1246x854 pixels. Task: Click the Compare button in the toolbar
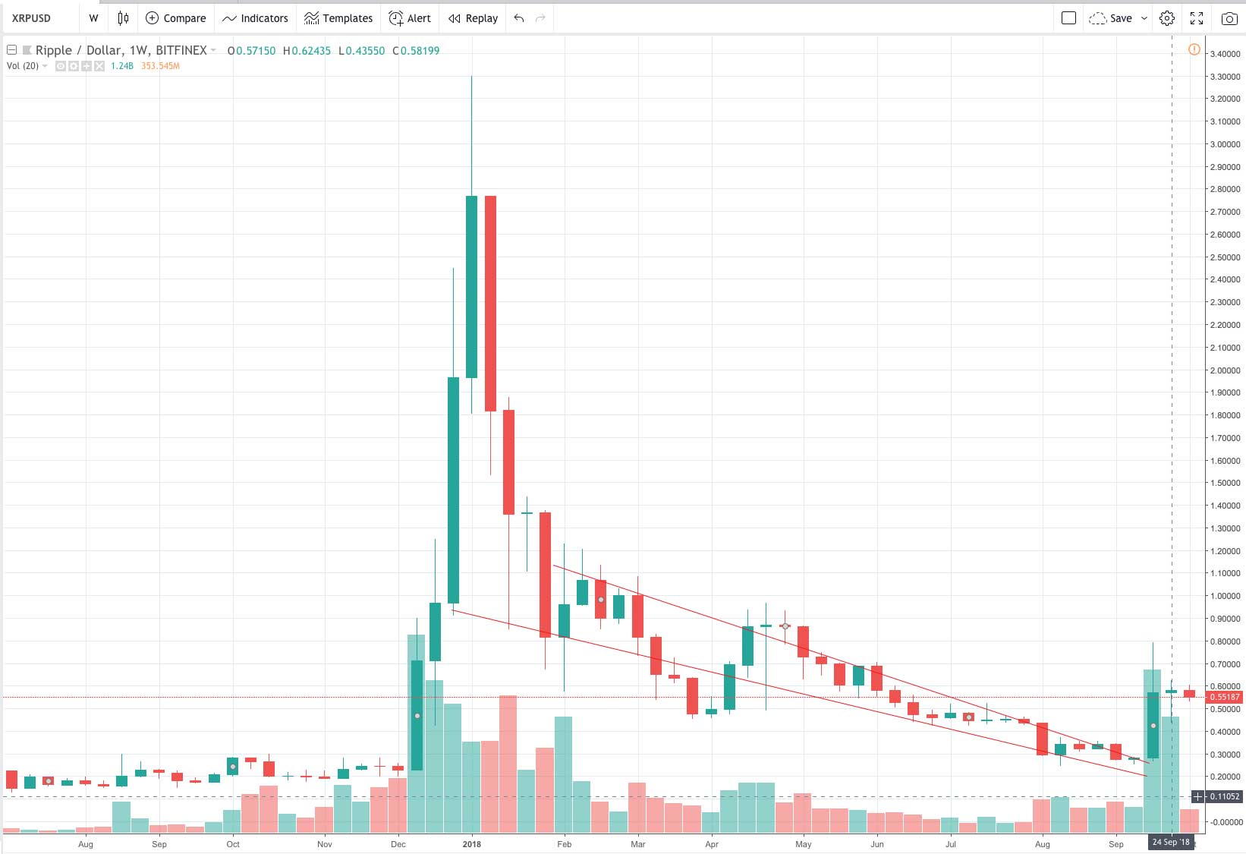(175, 18)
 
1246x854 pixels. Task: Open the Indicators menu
(255, 18)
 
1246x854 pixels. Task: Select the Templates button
(338, 18)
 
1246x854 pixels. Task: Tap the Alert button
(410, 18)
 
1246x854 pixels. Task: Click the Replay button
(473, 18)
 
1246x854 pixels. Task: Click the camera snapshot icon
(1229, 18)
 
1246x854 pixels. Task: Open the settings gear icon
(1167, 18)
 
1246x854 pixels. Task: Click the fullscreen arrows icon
(1197, 18)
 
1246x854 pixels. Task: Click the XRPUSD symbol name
(31, 18)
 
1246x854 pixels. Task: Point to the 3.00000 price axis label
(1225, 144)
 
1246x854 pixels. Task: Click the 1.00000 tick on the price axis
(1225, 596)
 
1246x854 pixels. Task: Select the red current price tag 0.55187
(1224, 697)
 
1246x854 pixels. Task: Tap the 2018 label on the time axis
(471, 844)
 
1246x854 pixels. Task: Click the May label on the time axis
(803, 844)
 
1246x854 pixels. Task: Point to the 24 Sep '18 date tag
(1171, 842)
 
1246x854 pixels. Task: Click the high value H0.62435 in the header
(307, 51)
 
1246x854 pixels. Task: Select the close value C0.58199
(416, 51)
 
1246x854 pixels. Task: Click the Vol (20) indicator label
(23, 66)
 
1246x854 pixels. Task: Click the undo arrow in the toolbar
(519, 18)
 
